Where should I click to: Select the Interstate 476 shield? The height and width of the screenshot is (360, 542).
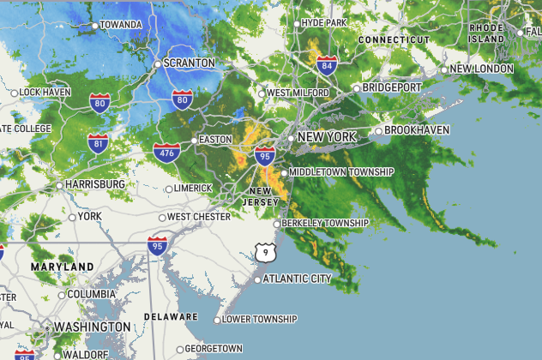[166, 153]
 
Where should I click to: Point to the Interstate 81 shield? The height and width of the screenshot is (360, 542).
[98, 142]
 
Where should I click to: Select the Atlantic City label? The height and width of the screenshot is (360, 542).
[297, 279]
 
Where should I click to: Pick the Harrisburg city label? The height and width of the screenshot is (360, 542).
[94, 184]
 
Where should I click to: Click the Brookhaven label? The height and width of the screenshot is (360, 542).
[417, 130]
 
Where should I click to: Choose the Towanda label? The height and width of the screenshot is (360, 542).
[120, 25]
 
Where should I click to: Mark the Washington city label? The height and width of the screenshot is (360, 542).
[92, 327]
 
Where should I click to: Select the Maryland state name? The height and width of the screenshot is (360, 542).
[62, 267]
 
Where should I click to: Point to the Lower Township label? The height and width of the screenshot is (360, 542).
[259, 320]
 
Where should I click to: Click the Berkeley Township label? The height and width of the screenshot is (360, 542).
[326, 224]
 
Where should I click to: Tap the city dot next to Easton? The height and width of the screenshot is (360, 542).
[193, 140]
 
